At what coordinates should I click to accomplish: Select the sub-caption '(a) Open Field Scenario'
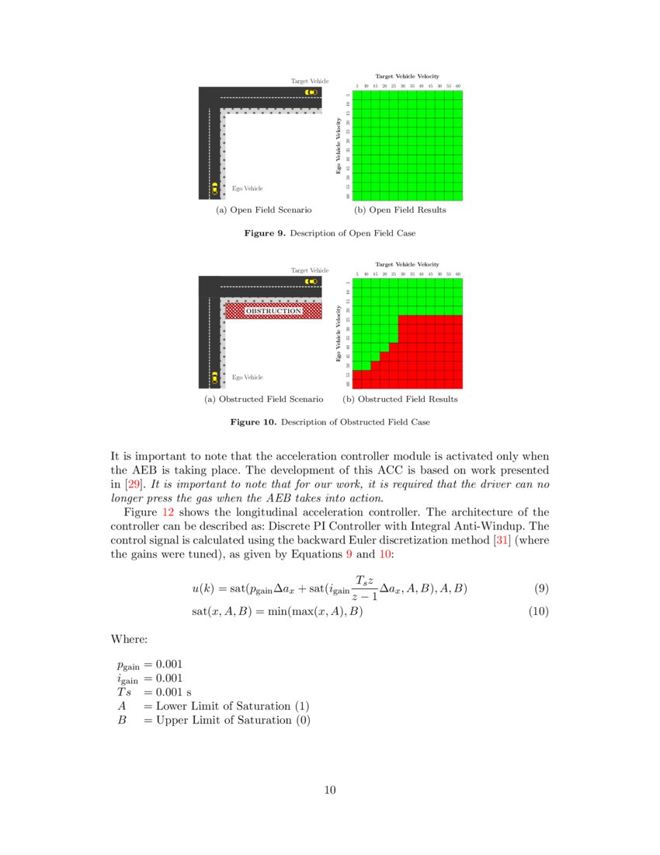(x=263, y=210)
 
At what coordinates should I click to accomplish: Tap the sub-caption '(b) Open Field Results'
(x=400, y=210)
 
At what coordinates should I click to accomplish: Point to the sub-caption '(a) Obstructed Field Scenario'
(x=263, y=399)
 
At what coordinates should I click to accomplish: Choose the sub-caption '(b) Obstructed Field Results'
(x=400, y=399)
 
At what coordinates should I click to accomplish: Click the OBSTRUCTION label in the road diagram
(x=273, y=311)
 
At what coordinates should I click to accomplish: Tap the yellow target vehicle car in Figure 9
(x=311, y=92)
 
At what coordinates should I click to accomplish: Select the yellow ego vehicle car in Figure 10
(x=215, y=377)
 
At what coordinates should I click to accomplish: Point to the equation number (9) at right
(x=541, y=588)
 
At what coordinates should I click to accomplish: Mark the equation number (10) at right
(x=538, y=612)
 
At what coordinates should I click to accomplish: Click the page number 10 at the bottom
(x=330, y=790)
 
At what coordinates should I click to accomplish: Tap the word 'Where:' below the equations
(x=128, y=638)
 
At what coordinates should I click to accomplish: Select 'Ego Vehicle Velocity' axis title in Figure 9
(x=339, y=145)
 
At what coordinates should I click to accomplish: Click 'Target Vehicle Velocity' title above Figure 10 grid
(x=407, y=265)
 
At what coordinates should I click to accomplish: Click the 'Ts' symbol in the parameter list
(x=124, y=692)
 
